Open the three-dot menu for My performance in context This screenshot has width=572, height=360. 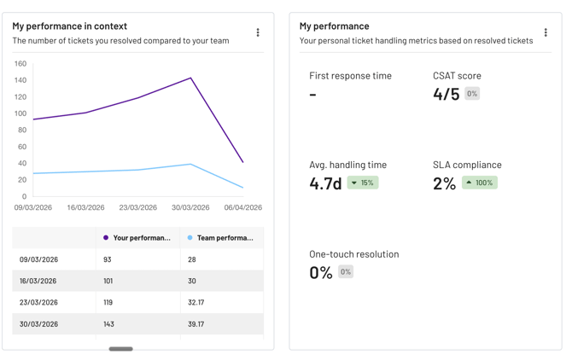point(258,32)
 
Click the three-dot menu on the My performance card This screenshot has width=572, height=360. point(546,32)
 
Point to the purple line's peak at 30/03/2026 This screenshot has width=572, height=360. point(190,78)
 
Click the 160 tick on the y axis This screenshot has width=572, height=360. point(20,64)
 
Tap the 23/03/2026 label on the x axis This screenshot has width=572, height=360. point(138,207)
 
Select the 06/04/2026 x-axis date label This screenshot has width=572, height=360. point(243,207)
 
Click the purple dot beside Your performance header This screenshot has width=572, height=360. point(106,237)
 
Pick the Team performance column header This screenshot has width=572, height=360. point(225,237)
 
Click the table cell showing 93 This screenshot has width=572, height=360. point(108,259)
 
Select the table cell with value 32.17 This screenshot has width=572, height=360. point(196,303)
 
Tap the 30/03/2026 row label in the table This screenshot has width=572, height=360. point(38,324)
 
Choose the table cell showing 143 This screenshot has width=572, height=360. point(108,324)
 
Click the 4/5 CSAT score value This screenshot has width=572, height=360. point(447,94)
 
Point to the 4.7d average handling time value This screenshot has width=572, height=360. point(325,183)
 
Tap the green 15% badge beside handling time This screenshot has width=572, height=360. point(363,183)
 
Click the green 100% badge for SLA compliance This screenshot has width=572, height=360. point(480,183)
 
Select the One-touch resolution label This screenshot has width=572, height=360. point(354,254)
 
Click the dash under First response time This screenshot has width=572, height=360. point(312,95)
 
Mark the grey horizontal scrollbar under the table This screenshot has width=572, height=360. point(120,349)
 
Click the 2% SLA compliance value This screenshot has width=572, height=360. point(444,183)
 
